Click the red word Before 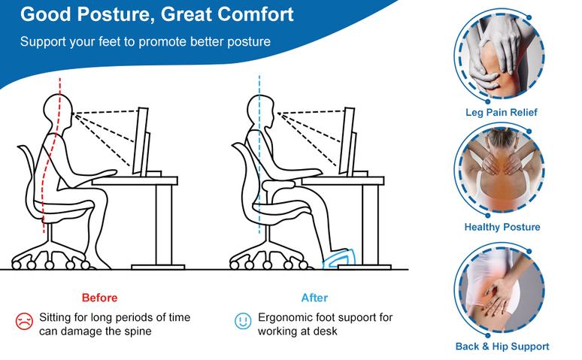[99, 298]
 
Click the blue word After [314, 298]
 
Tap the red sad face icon [23, 322]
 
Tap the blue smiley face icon [241, 322]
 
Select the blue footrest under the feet [341, 260]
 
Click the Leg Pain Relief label [502, 113]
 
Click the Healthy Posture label [502, 227]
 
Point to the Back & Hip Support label [502, 346]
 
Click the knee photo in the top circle [500, 56]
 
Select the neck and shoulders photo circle [500, 171]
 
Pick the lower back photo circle [500, 290]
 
